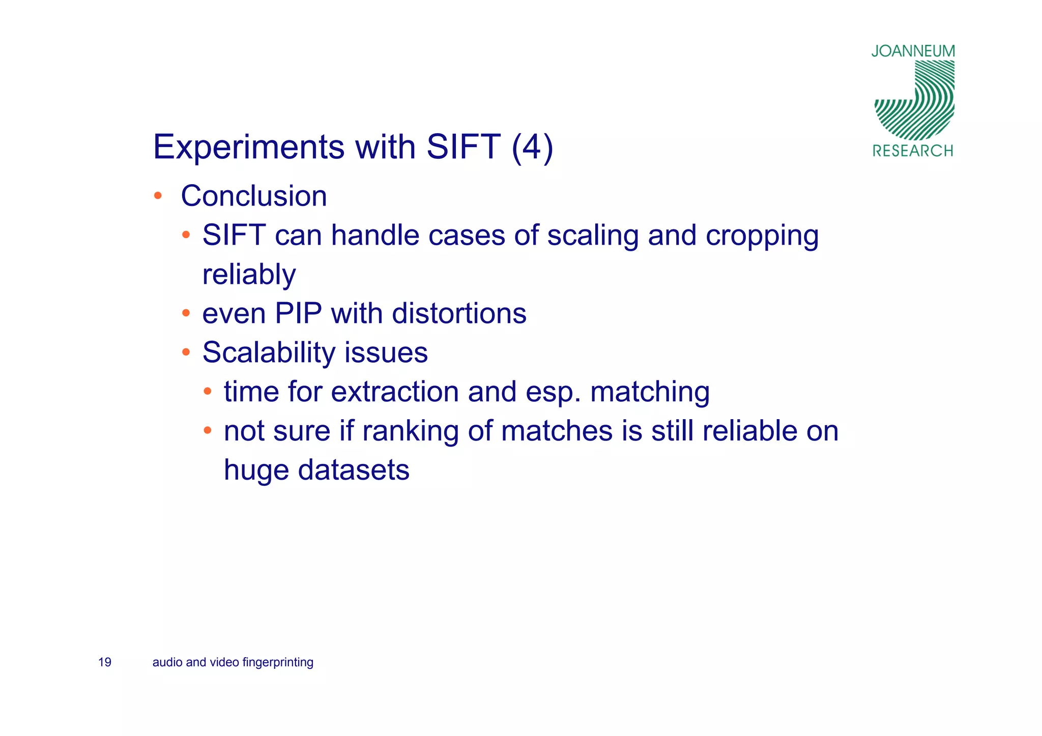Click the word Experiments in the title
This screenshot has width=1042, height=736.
pos(249,148)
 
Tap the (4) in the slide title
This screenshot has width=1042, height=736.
pos(532,148)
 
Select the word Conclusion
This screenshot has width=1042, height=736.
pos(253,196)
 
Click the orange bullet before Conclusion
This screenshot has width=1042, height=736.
pos(158,196)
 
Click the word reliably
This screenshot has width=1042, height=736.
pos(249,275)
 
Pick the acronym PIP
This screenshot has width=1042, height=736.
pos(298,313)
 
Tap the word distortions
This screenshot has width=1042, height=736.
pos(459,313)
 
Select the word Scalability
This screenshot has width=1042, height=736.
pos(269,352)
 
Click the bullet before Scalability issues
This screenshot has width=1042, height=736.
pos(186,352)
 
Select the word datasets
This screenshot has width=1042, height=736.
pos(354,470)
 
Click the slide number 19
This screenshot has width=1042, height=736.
pos(105,662)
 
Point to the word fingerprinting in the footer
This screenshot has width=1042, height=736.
pos(278,663)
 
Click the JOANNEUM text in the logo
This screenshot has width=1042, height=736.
pos(913,51)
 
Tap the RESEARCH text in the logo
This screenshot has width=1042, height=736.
pos(913,151)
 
